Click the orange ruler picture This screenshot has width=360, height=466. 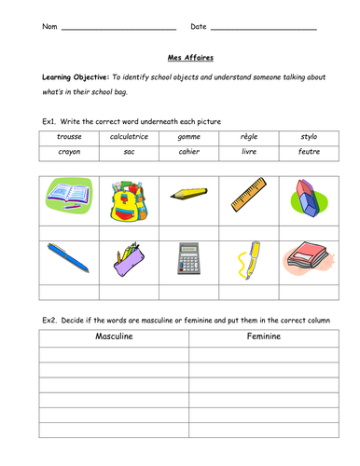246,195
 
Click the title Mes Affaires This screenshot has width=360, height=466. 179,56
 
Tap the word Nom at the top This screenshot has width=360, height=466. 49,26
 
